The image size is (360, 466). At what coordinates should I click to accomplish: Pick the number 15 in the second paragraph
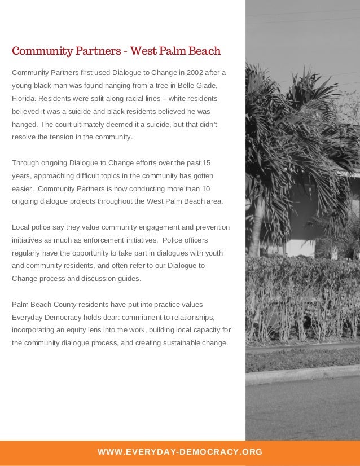(x=206, y=163)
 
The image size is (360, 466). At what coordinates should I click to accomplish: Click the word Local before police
(x=21, y=227)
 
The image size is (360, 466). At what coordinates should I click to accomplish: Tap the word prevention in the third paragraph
(x=212, y=227)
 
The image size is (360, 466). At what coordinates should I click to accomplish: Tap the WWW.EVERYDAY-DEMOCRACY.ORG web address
(x=179, y=452)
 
